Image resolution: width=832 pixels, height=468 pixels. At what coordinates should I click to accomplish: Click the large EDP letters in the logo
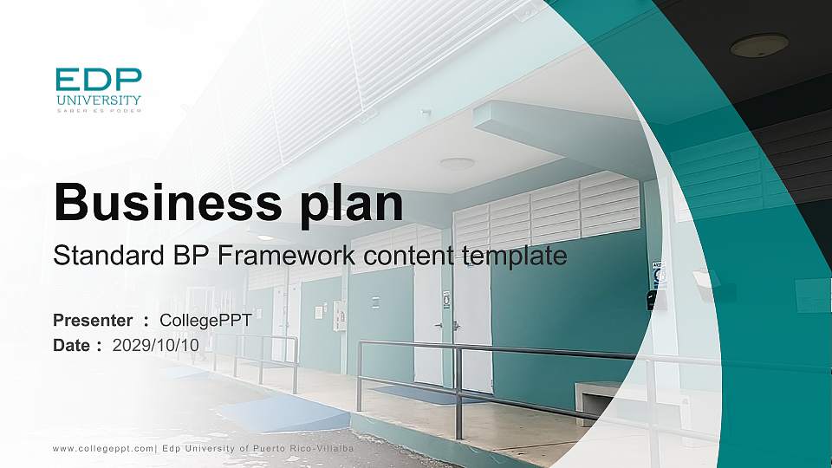(x=98, y=81)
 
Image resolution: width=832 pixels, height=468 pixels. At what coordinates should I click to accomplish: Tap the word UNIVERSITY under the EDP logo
(x=98, y=101)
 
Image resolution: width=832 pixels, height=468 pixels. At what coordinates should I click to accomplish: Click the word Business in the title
(x=160, y=202)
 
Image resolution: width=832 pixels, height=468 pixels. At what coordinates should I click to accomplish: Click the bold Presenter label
(x=93, y=321)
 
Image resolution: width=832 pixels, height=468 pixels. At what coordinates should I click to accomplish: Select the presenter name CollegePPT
(x=205, y=321)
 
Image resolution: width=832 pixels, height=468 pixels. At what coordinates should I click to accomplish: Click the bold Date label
(x=72, y=345)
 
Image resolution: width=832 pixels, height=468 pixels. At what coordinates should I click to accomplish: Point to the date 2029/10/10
(x=156, y=345)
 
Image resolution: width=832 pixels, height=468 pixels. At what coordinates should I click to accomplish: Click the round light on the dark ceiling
(x=759, y=45)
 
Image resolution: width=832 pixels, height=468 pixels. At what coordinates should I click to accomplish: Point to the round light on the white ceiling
(x=457, y=163)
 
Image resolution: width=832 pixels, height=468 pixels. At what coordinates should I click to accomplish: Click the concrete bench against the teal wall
(x=602, y=401)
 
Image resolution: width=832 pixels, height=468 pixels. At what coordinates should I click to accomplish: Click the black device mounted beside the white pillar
(x=652, y=300)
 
